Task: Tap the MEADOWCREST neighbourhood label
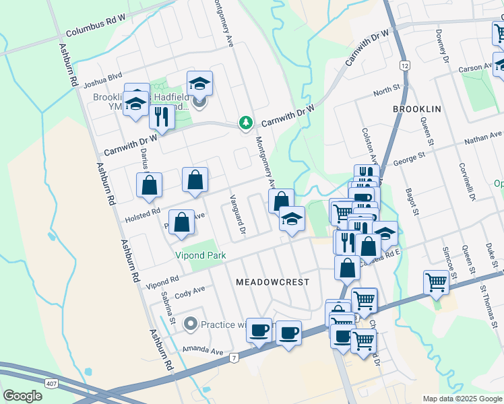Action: [x=272, y=283]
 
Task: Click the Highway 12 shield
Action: [x=404, y=65]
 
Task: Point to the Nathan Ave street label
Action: [x=484, y=140]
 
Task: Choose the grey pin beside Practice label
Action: [x=191, y=325]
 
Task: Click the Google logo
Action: [x=23, y=396]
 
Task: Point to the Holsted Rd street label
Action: [x=142, y=215]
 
